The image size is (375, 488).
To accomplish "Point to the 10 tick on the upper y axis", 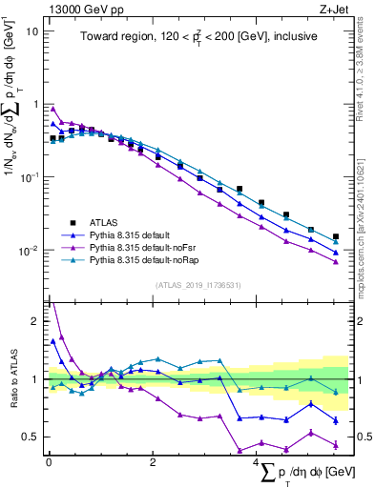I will tap(33, 30).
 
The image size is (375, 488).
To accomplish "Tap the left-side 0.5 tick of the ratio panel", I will tap(31, 437).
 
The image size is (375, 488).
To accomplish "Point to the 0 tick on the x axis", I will tap(48, 461).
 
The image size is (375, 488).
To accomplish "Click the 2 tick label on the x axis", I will tap(153, 461).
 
